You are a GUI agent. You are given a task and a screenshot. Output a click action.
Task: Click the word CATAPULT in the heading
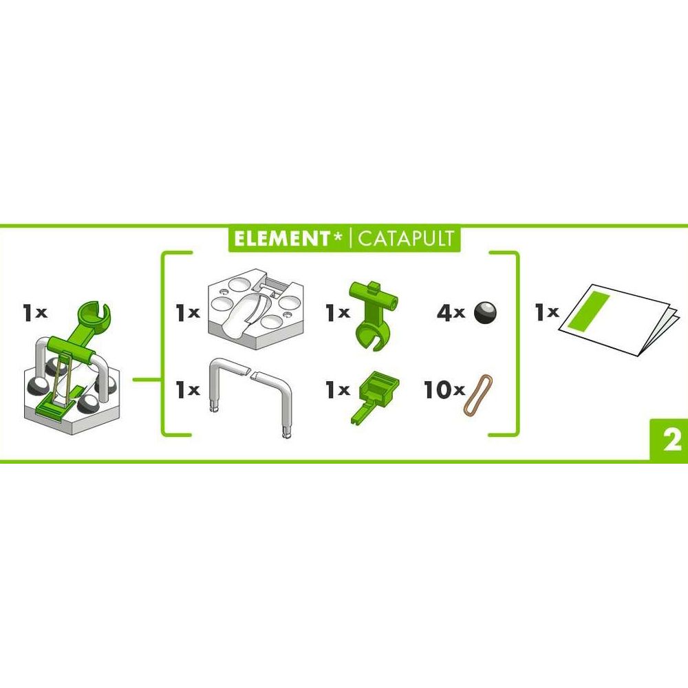coord(406,239)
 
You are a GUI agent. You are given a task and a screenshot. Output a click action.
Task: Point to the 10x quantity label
coord(443,391)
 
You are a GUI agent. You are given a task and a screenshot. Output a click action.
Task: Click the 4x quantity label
coord(451,314)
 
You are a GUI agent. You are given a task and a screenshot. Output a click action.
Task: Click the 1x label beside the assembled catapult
coord(34,314)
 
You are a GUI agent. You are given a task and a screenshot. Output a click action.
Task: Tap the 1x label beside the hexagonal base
coord(187,314)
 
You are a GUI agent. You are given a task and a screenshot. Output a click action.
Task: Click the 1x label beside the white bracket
coord(187,391)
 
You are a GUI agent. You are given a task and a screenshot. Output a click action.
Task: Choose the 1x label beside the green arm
coord(338,314)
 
